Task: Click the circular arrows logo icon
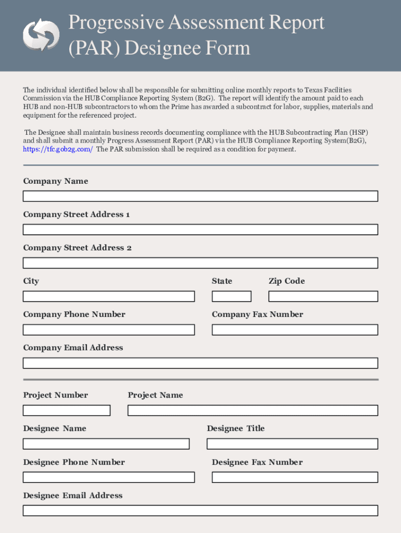pyautogui.click(x=41, y=35)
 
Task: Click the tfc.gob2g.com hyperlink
pyautogui.click(x=58, y=149)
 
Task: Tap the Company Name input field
pyautogui.click(x=200, y=196)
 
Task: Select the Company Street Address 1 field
pyautogui.click(x=200, y=230)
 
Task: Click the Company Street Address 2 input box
pyautogui.click(x=200, y=263)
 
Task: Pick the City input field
pyautogui.click(x=108, y=296)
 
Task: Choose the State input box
pyautogui.click(x=231, y=296)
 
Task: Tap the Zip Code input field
pyautogui.click(x=323, y=296)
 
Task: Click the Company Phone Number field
pyautogui.click(x=108, y=329)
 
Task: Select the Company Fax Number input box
pyautogui.click(x=294, y=329)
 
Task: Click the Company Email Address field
pyautogui.click(x=200, y=363)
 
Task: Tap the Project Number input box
pyautogui.click(x=66, y=410)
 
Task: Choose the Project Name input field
pyautogui.click(x=253, y=410)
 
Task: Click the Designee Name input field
pyautogui.click(x=106, y=443)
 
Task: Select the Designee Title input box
pyautogui.click(x=292, y=443)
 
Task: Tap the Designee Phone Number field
pyautogui.click(x=108, y=477)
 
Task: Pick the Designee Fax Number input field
pyautogui.click(x=294, y=477)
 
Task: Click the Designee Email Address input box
pyautogui.click(x=200, y=510)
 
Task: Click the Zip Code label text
pyautogui.click(x=286, y=281)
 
